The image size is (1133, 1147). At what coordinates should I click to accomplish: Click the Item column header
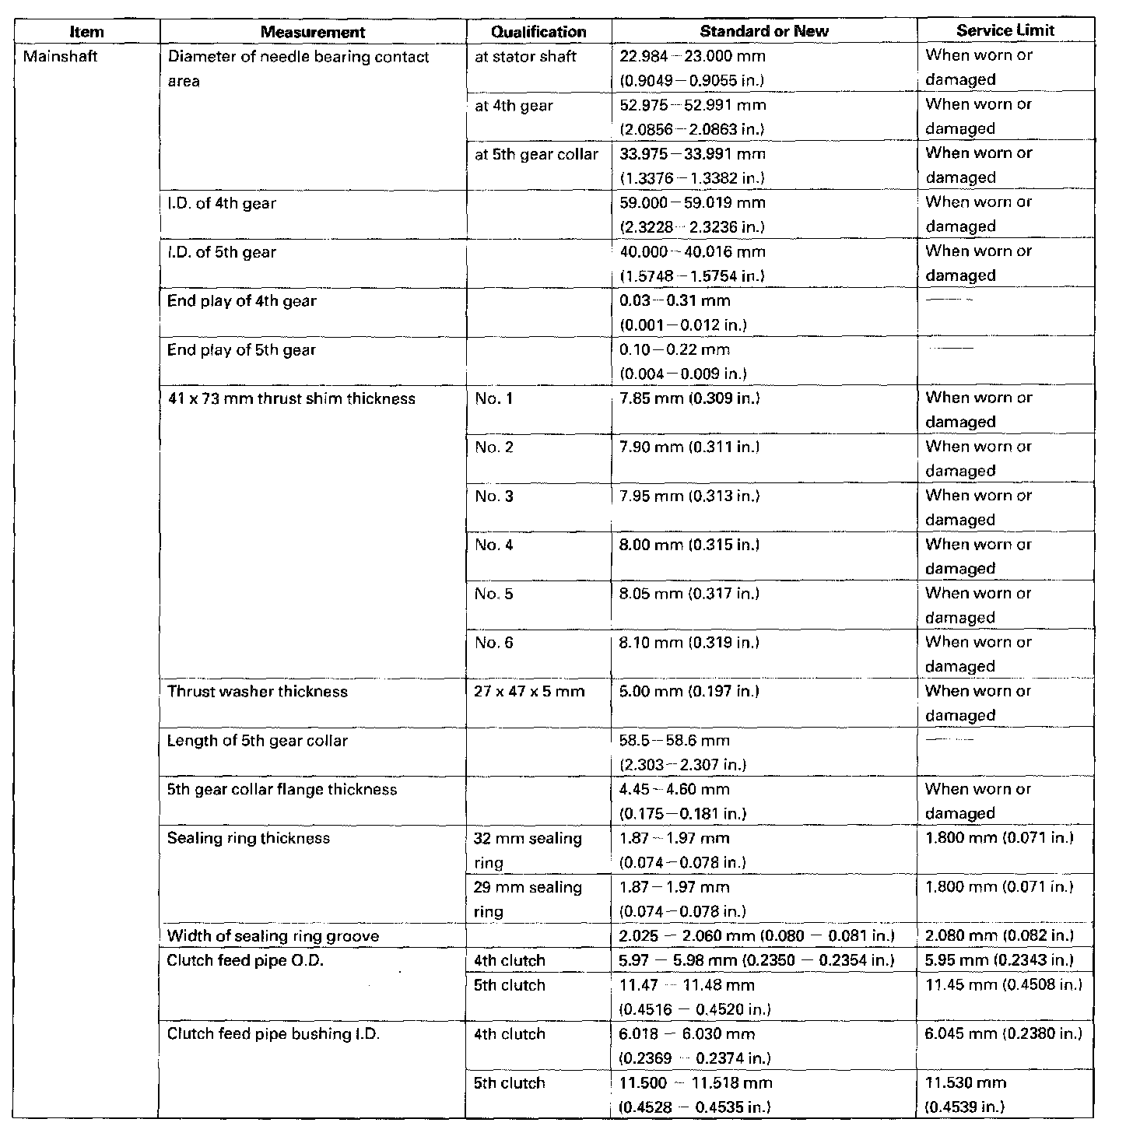tap(86, 32)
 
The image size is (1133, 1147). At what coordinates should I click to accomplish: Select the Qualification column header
tap(538, 32)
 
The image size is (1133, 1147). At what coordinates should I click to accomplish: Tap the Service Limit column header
tap(1005, 30)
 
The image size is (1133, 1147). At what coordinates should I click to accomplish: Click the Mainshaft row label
tap(61, 56)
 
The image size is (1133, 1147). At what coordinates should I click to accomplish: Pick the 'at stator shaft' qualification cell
tap(525, 56)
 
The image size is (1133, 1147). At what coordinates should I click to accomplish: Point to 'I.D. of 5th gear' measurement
tap(222, 252)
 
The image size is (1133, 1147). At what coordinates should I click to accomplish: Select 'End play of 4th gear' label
tap(242, 301)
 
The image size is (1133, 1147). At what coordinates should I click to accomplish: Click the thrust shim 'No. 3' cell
tap(494, 496)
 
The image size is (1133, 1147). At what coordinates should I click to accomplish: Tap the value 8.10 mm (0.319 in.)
tap(689, 643)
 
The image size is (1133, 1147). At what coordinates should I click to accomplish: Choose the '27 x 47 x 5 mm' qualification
tap(529, 692)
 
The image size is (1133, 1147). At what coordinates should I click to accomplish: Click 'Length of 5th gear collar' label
tap(258, 741)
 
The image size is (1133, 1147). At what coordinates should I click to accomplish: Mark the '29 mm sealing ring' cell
tap(528, 899)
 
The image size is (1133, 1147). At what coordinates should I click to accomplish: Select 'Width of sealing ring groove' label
tap(273, 936)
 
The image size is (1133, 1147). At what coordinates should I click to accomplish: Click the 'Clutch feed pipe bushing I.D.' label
tap(273, 1034)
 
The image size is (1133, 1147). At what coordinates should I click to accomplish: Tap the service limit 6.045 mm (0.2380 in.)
tap(1004, 1033)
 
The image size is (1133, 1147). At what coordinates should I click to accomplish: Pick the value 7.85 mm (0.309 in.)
tap(689, 398)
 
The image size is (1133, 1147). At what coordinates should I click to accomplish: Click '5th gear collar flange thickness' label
tap(282, 790)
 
